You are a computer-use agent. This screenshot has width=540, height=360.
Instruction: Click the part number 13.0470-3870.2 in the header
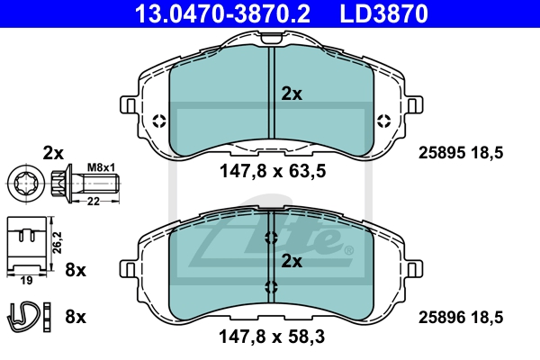222,13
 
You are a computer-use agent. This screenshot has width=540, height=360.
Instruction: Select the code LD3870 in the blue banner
384,13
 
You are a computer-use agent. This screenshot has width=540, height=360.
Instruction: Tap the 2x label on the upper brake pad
292,94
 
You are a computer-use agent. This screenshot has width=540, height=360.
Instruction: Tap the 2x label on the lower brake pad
292,262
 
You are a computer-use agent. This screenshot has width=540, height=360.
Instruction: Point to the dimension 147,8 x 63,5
273,171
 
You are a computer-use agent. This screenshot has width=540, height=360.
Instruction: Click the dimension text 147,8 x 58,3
272,337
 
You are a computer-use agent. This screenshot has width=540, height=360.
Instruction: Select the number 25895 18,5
461,153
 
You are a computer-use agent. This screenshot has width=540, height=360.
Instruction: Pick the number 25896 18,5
461,318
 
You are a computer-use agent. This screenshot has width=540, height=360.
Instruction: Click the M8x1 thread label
101,167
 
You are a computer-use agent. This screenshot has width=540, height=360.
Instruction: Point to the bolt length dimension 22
93,202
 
